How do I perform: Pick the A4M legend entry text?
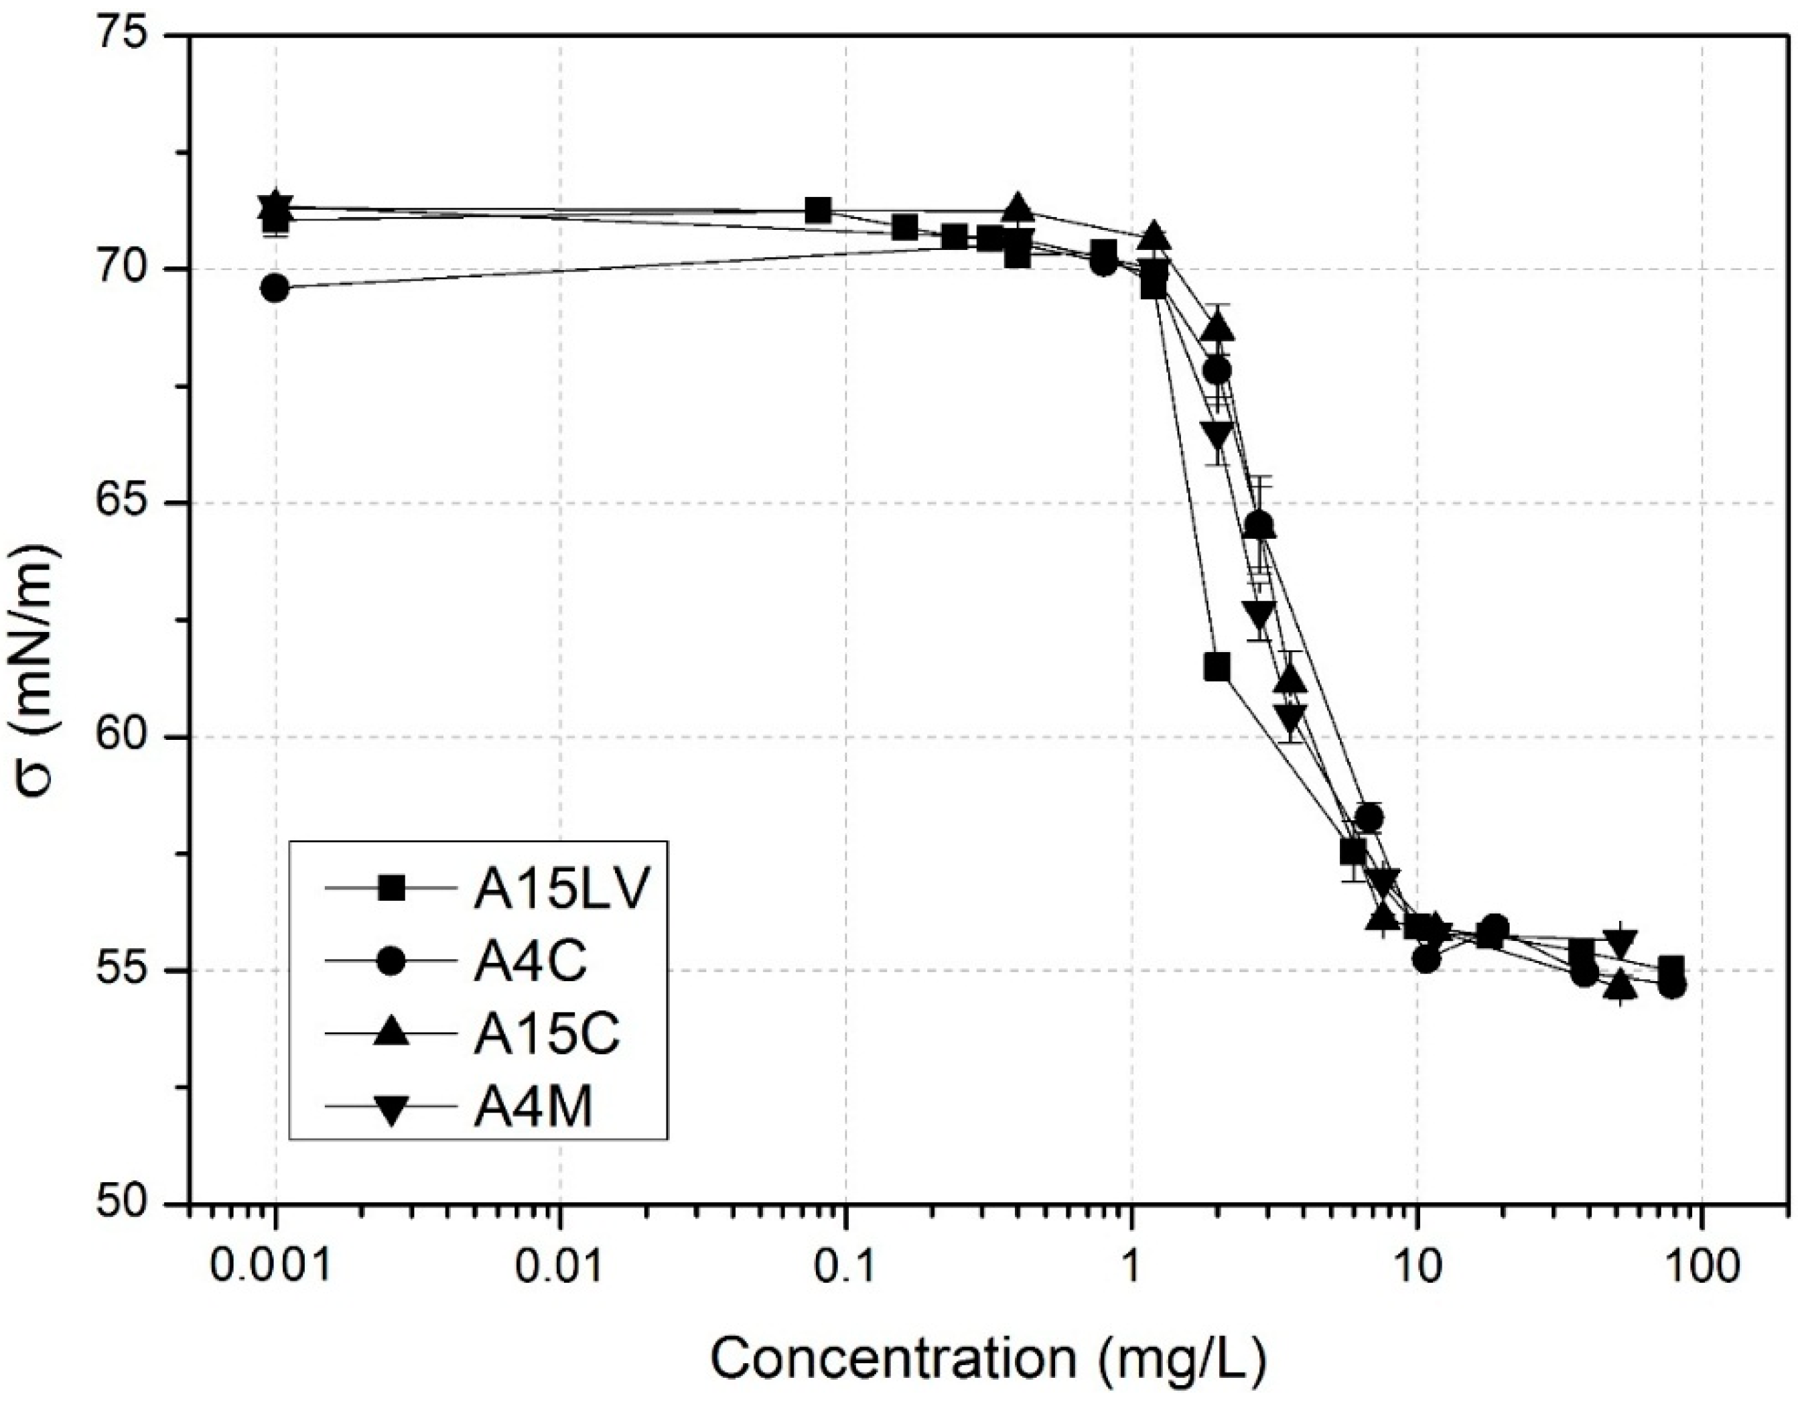click(533, 1108)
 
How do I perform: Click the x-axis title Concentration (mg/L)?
click(988, 1359)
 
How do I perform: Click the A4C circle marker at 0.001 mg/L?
click(275, 288)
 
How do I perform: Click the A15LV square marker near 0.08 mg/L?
click(817, 211)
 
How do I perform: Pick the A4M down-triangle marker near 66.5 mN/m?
click(1217, 434)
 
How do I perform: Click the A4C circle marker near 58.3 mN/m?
click(1368, 817)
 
